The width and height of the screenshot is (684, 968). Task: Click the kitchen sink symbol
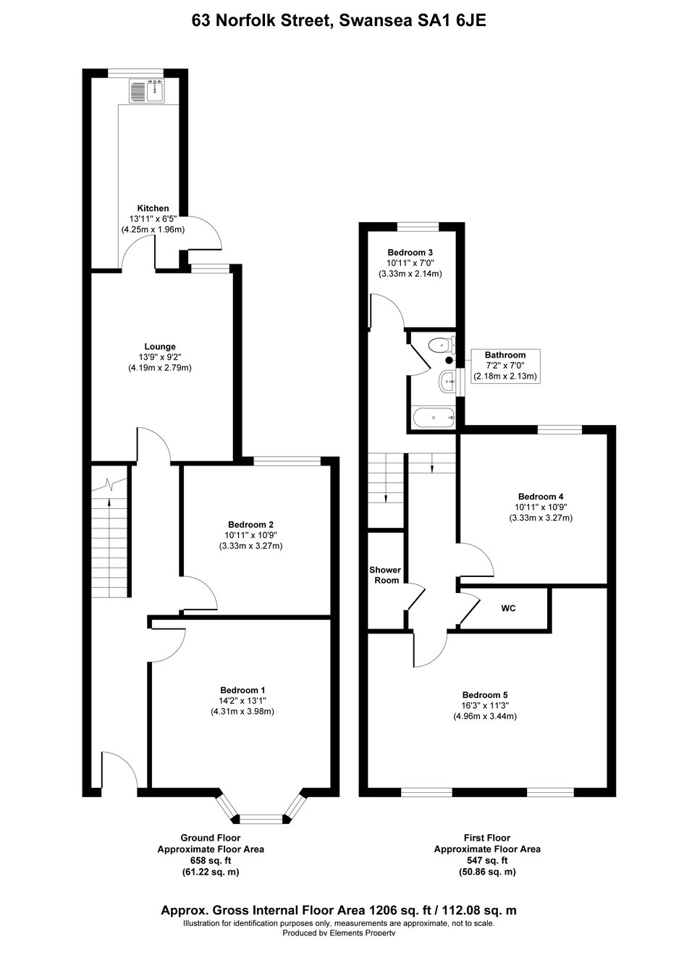tap(147, 92)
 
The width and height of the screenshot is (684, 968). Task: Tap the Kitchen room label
tap(153, 209)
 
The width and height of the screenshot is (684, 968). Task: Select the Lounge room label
tap(160, 347)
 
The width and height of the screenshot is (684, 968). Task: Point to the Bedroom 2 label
tap(250, 525)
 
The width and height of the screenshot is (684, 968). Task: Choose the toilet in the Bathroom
tap(441, 345)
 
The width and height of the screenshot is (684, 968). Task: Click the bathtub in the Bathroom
tap(433, 418)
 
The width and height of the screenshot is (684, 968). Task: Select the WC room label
tap(508, 608)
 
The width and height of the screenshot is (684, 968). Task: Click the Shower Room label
tap(385, 575)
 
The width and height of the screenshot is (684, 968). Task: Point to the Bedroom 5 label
tap(485, 695)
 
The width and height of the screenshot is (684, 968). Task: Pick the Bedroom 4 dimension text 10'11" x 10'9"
tap(541, 507)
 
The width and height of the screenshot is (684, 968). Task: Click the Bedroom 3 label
tap(410, 253)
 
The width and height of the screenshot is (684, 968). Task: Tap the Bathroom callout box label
tap(505, 355)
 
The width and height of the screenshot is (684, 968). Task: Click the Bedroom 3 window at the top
tap(418, 227)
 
